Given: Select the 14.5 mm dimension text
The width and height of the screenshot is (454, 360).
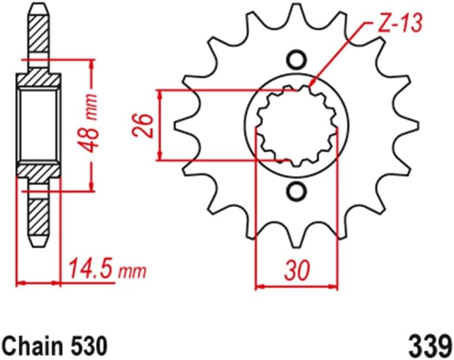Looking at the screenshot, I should coord(106,270).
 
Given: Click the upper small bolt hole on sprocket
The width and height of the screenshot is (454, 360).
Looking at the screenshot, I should coord(296,60).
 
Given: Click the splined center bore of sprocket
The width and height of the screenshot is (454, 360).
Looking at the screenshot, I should coord(296,125).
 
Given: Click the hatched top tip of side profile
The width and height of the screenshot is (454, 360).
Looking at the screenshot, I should coord(38,26).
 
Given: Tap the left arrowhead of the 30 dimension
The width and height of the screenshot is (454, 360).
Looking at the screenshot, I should coord(261,287).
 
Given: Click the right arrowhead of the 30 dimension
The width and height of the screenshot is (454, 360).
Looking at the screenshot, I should coord(333,287).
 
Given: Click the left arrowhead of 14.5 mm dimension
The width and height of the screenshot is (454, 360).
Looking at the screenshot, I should coord(21,283).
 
